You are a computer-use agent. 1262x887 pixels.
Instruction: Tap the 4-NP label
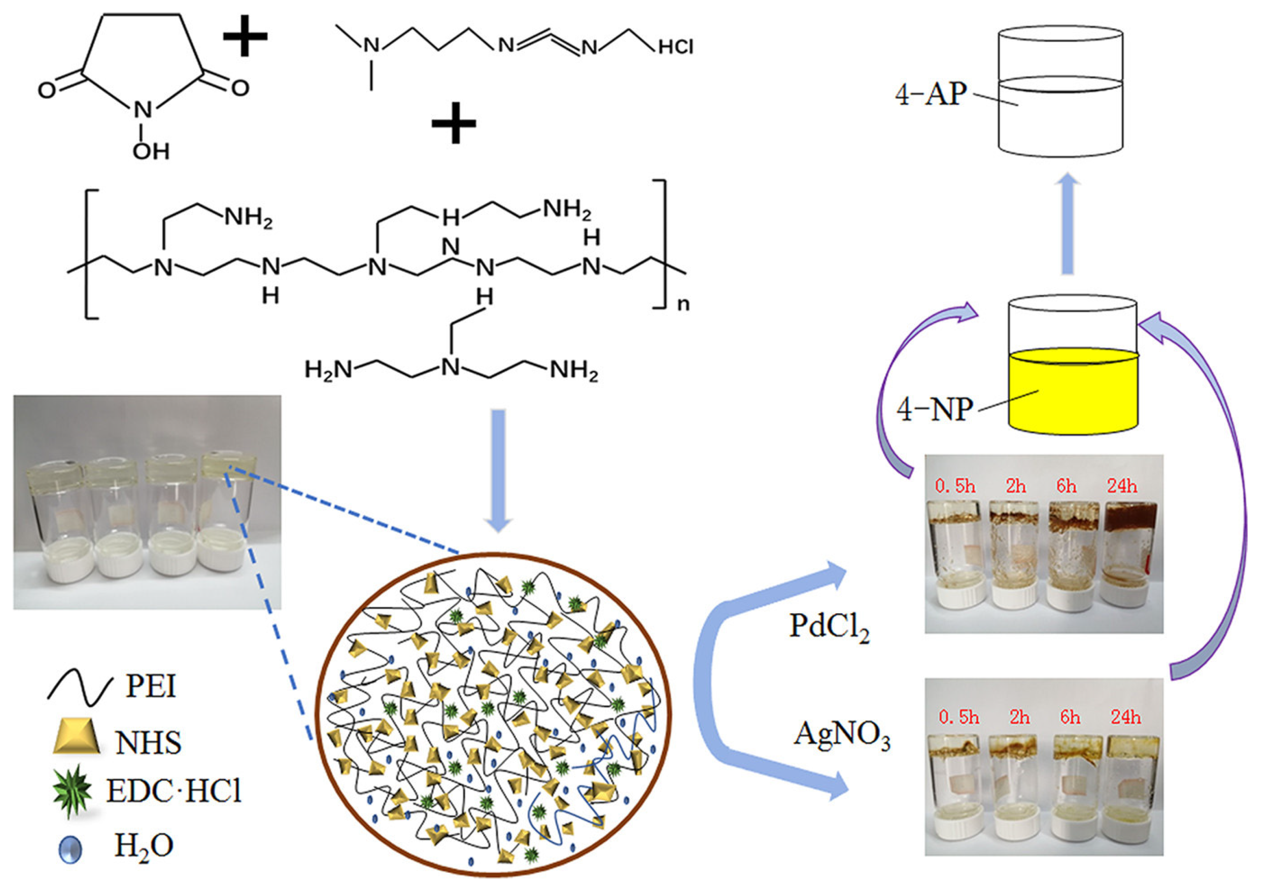(934, 409)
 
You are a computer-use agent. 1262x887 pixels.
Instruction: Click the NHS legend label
(148, 742)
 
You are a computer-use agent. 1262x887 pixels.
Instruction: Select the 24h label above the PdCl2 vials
(1122, 486)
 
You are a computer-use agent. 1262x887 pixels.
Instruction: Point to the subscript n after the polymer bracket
(683, 304)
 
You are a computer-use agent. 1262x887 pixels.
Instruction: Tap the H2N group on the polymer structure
(328, 370)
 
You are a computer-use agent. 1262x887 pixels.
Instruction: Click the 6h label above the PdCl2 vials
(1066, 486)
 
